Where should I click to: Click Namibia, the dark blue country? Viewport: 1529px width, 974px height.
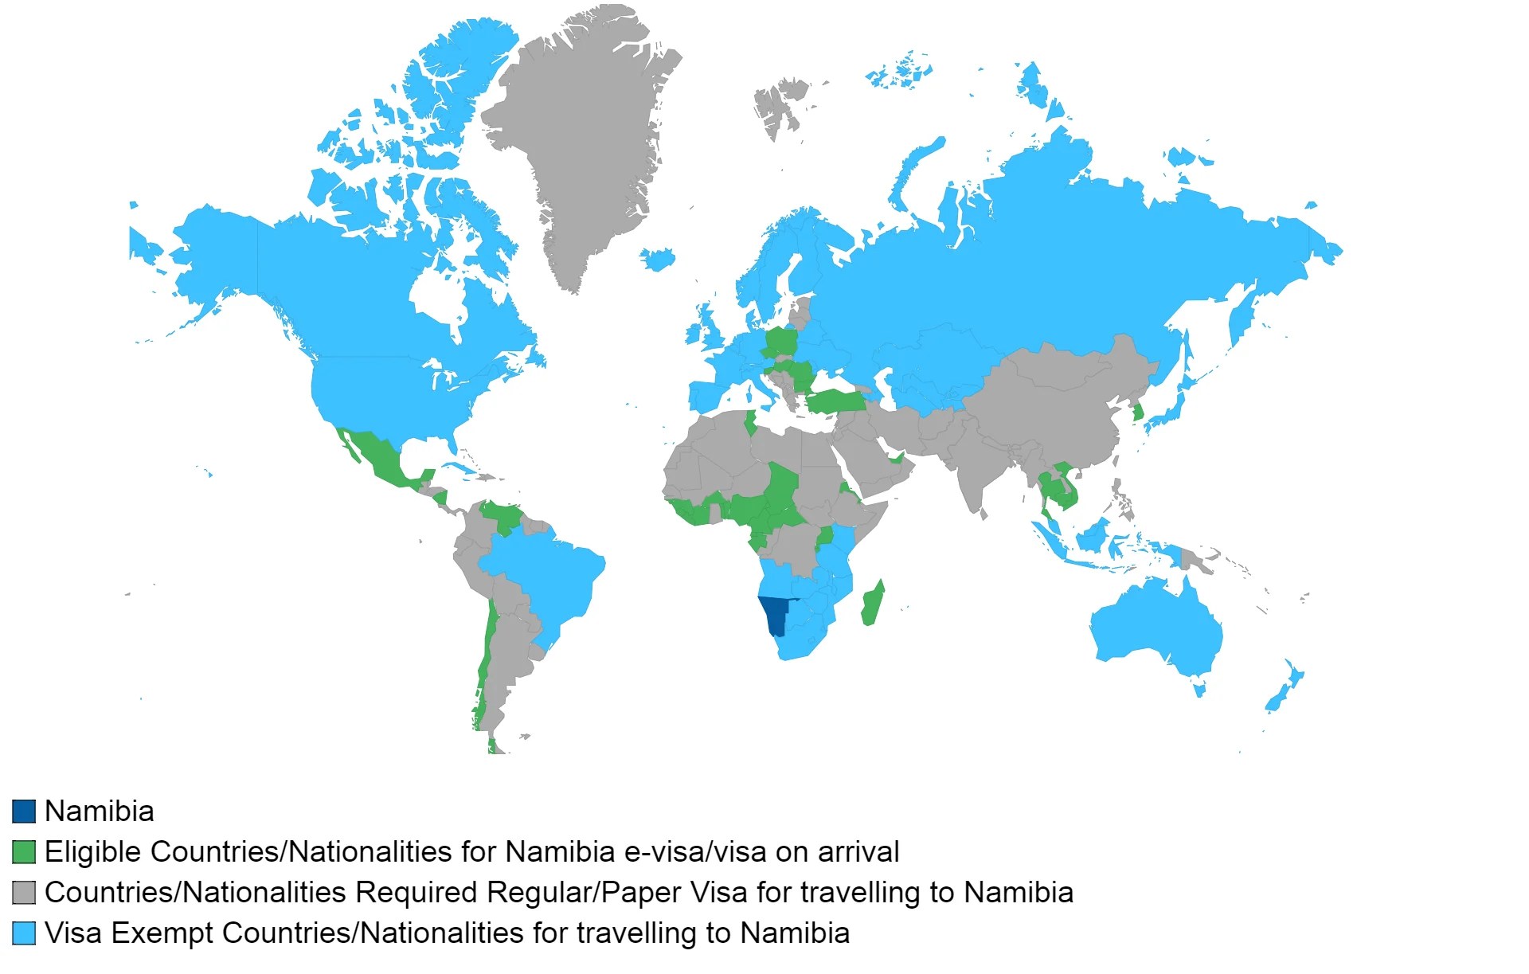774,614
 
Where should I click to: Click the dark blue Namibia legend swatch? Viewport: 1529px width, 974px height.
24,812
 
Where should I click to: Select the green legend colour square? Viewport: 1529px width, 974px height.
24,852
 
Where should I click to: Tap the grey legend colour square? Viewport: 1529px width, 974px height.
24,893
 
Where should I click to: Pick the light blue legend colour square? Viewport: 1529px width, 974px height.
24,933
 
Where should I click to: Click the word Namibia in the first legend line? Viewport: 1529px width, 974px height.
100,812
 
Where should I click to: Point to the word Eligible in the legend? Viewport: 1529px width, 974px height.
93,852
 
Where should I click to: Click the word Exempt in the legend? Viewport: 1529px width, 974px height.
163,933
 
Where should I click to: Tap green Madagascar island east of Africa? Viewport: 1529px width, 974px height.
873,604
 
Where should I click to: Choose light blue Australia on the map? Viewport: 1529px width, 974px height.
1155,629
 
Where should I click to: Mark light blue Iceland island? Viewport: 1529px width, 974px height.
657,259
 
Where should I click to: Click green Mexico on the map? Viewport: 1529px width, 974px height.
378,458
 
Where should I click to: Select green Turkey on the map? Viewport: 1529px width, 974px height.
836,401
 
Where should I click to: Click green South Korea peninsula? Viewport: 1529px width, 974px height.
1139,413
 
